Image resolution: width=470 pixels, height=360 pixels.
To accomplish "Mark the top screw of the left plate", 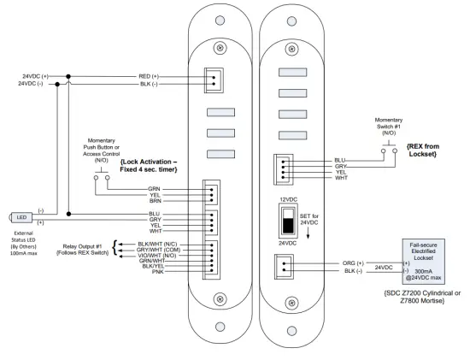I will (x=220, y=45).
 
